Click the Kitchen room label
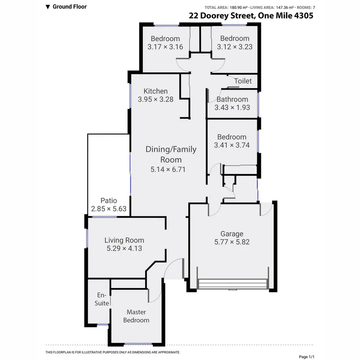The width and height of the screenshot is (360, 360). click(156, 91)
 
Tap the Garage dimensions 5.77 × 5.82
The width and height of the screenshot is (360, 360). click(232, 242)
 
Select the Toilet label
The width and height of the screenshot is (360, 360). click(243, 81)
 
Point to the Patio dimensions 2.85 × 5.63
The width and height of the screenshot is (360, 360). click(108, 208)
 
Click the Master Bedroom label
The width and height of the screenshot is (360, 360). click(136, 316)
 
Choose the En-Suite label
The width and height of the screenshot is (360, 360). click(102, 299)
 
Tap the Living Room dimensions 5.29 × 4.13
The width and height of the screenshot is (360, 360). click(124, 248)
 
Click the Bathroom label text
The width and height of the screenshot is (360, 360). click(232, 99)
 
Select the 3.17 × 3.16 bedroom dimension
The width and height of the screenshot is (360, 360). click(165, 47)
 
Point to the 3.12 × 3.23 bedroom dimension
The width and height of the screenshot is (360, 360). click(235, 47)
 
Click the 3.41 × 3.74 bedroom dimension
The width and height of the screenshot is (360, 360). click(232, 145)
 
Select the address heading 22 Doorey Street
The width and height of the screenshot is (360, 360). click(251, 16)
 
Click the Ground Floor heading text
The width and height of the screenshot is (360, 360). click(70, 6)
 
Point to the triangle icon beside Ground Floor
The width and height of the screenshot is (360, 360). click(48, 7)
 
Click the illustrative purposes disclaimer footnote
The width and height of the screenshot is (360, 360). click(113, 352)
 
